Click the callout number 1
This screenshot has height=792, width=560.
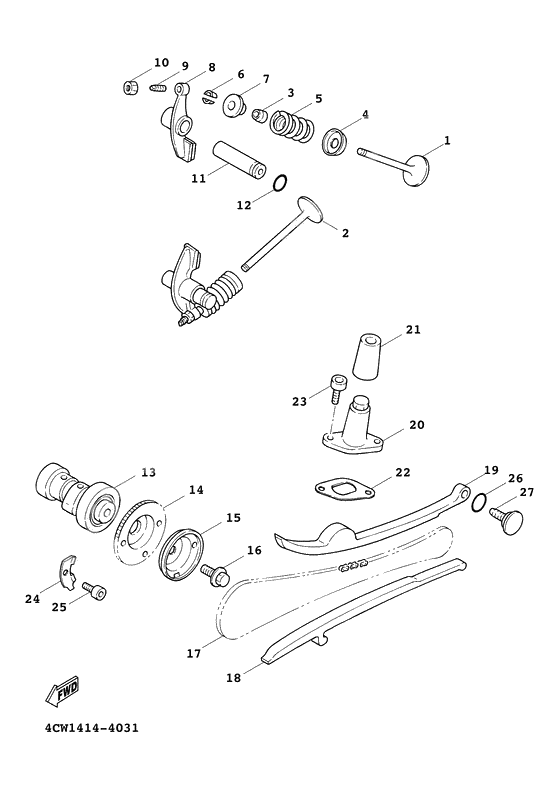click(446, 140)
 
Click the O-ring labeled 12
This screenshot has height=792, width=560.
click(282, 183)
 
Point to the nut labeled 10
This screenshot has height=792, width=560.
click(130, 88)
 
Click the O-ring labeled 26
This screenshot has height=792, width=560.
click(480, 501)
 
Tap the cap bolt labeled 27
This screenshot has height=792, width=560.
click(509, 520)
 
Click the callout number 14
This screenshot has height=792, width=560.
click(196, 490)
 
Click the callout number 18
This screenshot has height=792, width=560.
click(233, 677)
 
